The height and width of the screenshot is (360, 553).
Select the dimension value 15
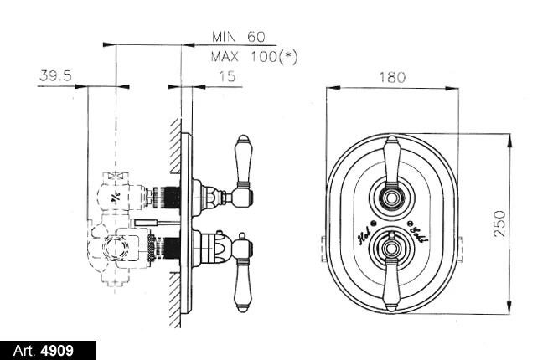[226, 76]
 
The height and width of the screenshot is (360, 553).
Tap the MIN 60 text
[239, 37]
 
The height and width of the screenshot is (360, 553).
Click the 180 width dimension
[392, 77]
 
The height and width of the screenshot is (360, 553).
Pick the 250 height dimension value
[499, 224]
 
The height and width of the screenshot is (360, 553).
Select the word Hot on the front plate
[366, 236]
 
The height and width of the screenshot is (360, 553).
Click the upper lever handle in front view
[390, 160]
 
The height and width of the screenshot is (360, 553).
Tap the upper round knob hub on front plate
[390, 198]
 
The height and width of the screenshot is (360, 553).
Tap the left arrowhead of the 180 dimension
[329, 87]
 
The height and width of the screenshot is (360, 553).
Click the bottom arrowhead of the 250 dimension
[509, 310]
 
